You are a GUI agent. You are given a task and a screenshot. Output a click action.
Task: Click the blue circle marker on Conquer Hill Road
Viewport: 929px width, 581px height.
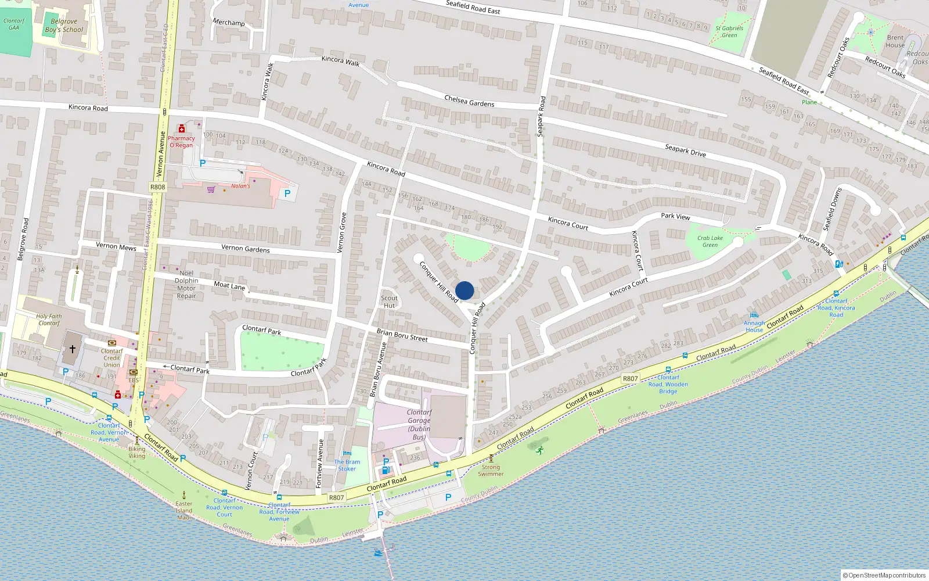pyautogui.click(x=464, y=290)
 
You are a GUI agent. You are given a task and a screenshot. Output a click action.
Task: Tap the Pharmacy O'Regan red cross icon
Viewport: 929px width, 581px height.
pyautogui.click(x=182, y=129)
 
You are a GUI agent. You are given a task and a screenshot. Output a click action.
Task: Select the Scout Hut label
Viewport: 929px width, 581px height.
pyautogui.click(x=389, y=302)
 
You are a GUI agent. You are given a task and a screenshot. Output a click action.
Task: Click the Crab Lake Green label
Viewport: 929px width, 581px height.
pyautogui.click(x=710, y=241)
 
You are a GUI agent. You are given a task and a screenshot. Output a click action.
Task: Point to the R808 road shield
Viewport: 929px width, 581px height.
pyautogui.click(x=157, y=187)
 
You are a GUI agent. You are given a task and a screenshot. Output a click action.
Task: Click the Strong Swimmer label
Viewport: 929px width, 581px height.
pyautogui.click(x=491, y=470)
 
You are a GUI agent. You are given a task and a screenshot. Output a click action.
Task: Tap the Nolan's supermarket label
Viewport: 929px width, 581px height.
pyautogui.click(x=240, y=186)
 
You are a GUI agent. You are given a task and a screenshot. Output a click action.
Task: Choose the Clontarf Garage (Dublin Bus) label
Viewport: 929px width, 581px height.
pyautogui.click(x=419, y=425)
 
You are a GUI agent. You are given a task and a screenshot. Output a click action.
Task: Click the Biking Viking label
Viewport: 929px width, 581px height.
pyautogui.click(x=137, y=452)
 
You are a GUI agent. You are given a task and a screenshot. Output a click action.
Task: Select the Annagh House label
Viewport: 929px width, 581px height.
pyautogui.click(x=754, y=327)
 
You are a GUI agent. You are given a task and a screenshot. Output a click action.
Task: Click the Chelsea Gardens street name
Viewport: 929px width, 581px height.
pyautogui.click(x=469, y=101)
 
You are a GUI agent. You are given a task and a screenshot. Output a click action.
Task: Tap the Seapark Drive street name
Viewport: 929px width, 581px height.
pyautogui.click(x=685, y=150)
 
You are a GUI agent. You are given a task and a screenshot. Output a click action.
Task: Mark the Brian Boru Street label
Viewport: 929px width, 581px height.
pyautogui.click(x=402, y=335)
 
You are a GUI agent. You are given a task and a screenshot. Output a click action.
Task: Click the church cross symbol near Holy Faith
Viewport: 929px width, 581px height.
pyautogui.click(x=73, y=349)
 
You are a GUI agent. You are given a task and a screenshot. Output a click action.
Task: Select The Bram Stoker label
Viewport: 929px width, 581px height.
pyautogui.click(x=347, y=465)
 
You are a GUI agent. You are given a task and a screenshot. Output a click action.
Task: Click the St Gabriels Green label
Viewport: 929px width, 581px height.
pyautogui.click(x=729, y=31)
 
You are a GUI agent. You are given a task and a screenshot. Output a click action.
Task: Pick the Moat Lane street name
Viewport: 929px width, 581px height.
pyautogui.click(x=229, y=285)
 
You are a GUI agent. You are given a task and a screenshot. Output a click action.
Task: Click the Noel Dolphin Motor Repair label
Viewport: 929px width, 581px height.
pyautogui.click(x=186, y=284)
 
